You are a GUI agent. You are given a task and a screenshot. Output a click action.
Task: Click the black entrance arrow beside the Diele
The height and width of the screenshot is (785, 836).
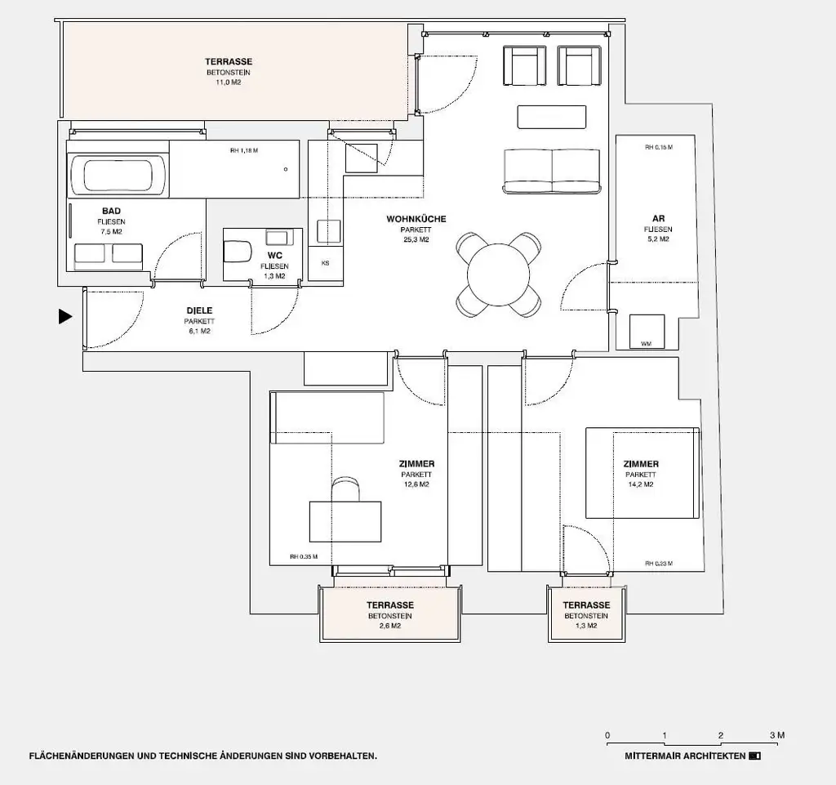tap(65, 317)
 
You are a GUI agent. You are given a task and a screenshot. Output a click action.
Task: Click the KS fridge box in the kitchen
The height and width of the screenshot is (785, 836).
tap(325, 264)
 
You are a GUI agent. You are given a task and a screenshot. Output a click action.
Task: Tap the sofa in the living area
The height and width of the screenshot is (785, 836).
tap(552, 171)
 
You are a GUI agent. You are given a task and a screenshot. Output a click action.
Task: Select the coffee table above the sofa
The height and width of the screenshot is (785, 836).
tap(552, 118)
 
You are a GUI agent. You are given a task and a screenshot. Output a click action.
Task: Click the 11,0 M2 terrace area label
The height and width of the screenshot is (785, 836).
tap(229, 73)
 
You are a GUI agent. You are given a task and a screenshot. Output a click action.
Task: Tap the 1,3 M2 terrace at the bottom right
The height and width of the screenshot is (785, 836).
tap(585, 615)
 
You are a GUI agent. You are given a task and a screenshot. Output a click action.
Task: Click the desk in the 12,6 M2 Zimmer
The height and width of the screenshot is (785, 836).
tap(345, 520)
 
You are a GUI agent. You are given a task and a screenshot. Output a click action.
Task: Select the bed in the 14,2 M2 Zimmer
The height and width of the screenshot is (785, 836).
tap(643, 473)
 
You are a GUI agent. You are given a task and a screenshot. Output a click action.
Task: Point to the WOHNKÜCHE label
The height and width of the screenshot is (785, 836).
tap(416, 219)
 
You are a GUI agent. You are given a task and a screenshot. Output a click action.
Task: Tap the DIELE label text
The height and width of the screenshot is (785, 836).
tap(200, 310)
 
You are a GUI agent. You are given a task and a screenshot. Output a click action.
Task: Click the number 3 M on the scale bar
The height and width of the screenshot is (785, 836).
tap(776, 735)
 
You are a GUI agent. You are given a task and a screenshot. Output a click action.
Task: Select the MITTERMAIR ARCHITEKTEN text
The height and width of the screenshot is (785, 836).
tap(685, 756)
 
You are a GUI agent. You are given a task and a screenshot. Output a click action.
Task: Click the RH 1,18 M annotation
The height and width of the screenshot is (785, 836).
tap(244, 150)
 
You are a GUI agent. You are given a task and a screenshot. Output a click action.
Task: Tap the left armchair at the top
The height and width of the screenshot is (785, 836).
tap(524, 65)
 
